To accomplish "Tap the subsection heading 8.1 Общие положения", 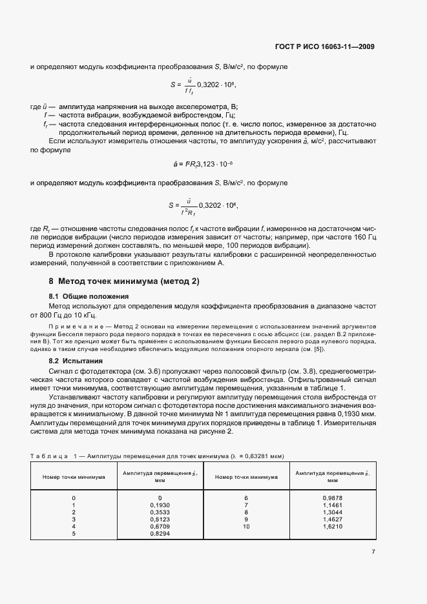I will pos(85,296).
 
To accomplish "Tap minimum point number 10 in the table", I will pos(246,527).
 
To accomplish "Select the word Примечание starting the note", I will pos(75,325).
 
